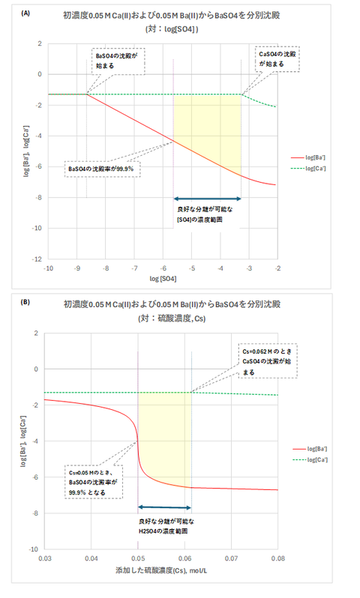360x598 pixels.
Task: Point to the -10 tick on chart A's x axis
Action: (x=49, y=267)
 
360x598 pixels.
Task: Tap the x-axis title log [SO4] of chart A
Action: (x=163, y=278)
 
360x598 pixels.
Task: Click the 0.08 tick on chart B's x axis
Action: (x=277, y=559)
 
